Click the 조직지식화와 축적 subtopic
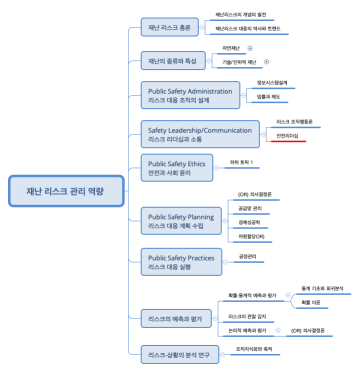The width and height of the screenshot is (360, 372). [256, 350]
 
